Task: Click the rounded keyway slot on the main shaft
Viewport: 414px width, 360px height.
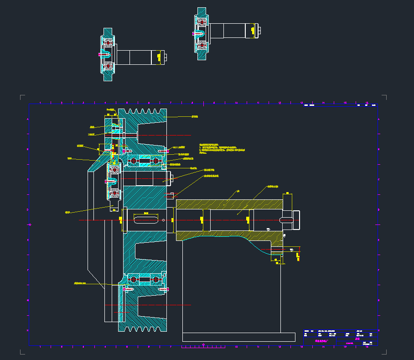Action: click(x=146, y=220)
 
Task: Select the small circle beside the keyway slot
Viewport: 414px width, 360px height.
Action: click(x=163, y=220)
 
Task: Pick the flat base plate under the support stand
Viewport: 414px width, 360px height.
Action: click(x=239, y=337)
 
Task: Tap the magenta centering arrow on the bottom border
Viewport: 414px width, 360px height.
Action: click(x=204, y=345)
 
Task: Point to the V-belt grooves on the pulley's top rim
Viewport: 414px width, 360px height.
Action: click(x=145, y=111)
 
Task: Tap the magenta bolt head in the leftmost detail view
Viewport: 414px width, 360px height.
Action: click(x=100, y=54)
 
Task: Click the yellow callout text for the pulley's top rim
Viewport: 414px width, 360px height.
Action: click(x=195, y=116)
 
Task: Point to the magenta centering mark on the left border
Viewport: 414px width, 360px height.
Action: click(x=30, y=224)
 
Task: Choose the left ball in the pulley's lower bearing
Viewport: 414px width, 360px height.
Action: click(x=134, y=279)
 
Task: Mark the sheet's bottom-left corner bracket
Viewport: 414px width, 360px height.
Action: click(x=22, y=352)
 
